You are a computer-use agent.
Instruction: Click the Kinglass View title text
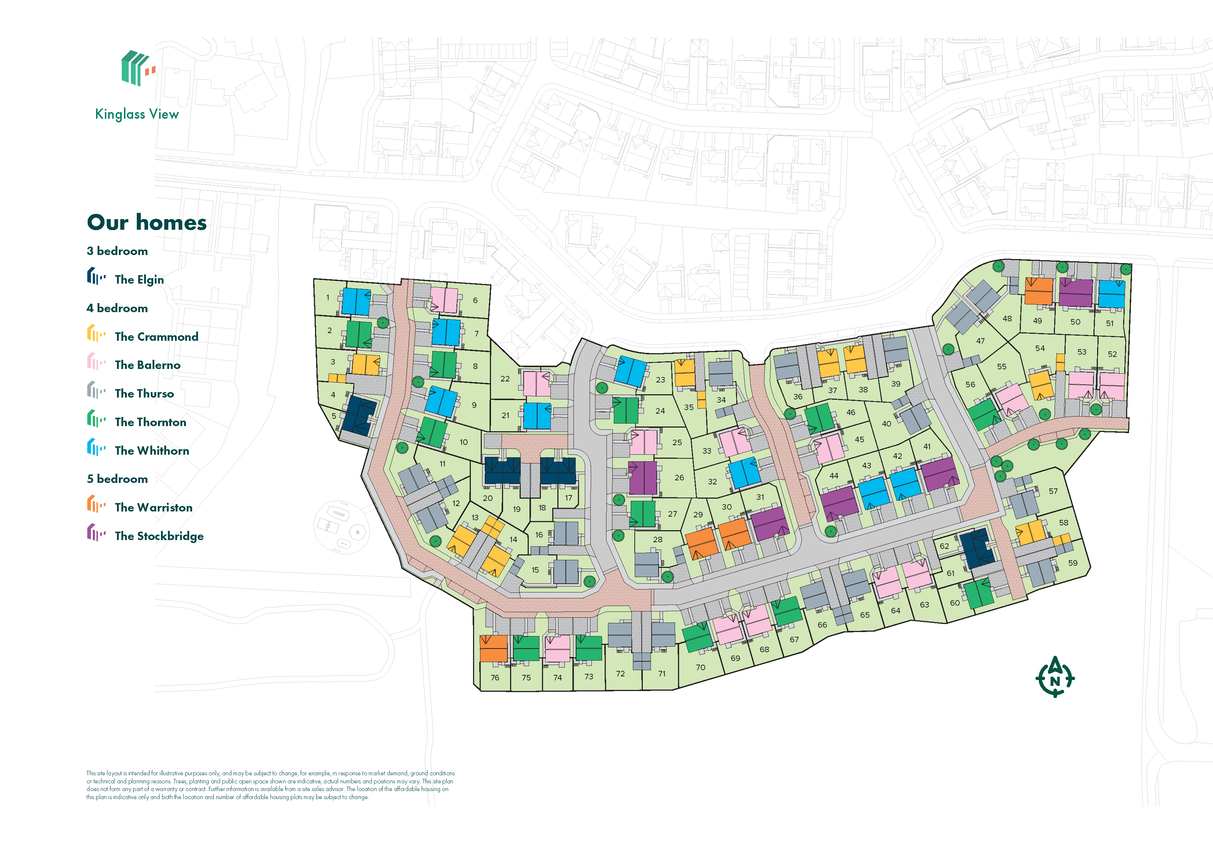click(137, 114)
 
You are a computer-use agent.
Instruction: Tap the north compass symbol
click(1055, 677)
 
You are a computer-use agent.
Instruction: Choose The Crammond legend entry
click(156, 336)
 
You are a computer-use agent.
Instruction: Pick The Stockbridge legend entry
click(158, 536)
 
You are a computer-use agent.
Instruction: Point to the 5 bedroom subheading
click(117, 479)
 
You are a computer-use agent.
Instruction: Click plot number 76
click(495, 677)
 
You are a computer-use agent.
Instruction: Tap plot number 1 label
click(327, 297)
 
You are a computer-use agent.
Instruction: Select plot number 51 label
click(1110, 323)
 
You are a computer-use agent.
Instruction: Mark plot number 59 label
click(1073, 563)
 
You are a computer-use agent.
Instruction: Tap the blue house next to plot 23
click(631, 371)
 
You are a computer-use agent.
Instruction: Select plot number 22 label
click(505, 378)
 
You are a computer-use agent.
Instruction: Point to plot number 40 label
click(887, 424)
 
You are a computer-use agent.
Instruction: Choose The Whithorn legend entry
click(152, 450)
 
